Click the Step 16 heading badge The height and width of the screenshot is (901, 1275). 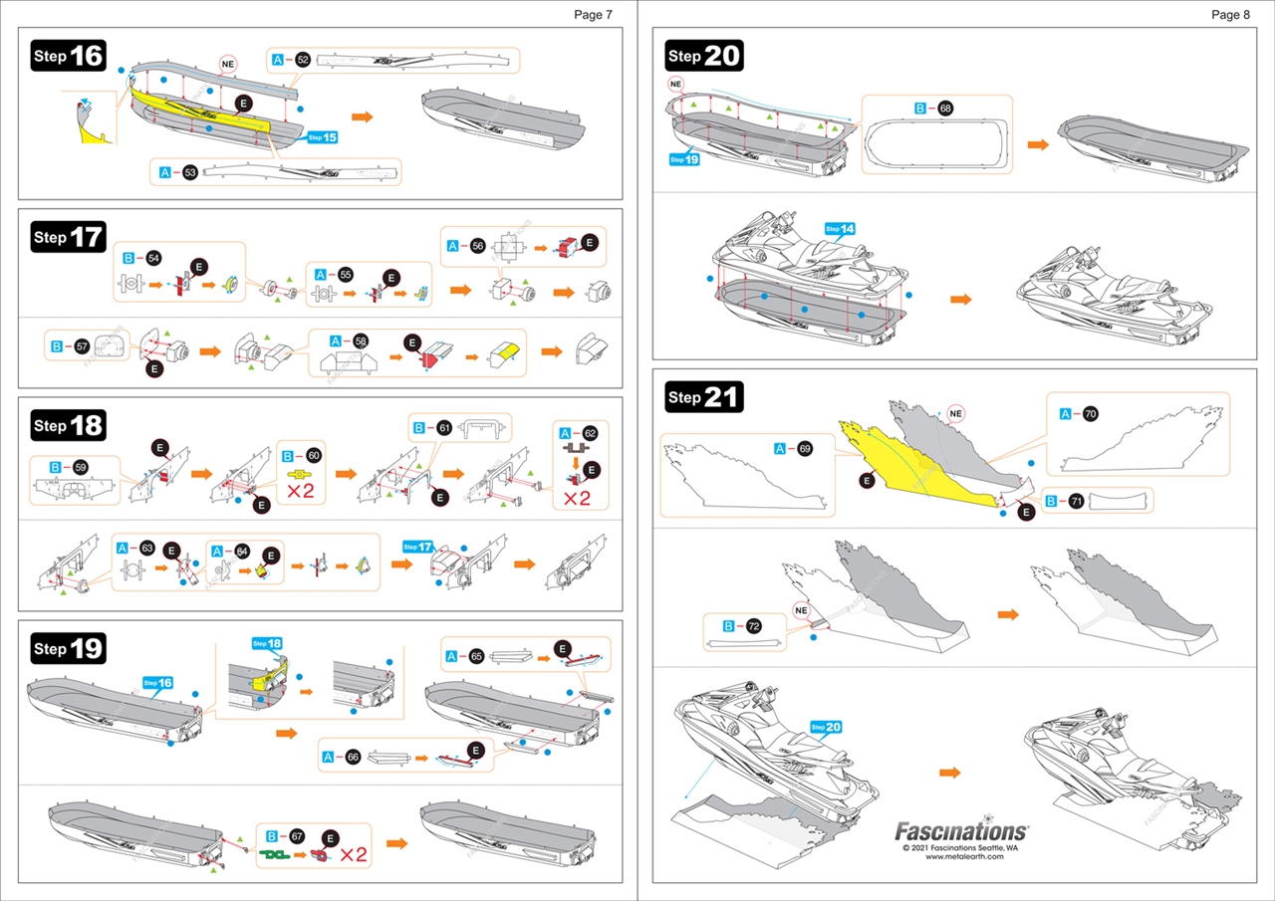point(69,56)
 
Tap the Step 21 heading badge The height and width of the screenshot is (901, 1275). point(704,397)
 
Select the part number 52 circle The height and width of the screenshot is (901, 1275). point(303,61)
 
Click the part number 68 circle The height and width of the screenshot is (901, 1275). point(945,109)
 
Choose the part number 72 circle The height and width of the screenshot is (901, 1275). point(754,626)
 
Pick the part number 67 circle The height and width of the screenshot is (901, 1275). point(297,836)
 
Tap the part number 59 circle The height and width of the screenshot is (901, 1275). point(81,466)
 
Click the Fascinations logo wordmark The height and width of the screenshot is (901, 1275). point(960,830)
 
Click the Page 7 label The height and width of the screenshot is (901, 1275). point(593,14)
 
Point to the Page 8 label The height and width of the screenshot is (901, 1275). point(1230,14)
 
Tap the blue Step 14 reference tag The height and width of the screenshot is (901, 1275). point(840,229)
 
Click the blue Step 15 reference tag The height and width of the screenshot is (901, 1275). point(323,137)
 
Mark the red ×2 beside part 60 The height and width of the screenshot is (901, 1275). point(301,490)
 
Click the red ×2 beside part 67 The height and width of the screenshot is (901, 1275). point(354,853)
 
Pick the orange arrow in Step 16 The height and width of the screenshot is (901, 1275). point(363,117)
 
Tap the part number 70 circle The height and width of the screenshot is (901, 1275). point(1091,413)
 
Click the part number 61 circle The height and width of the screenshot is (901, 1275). point(444,428)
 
